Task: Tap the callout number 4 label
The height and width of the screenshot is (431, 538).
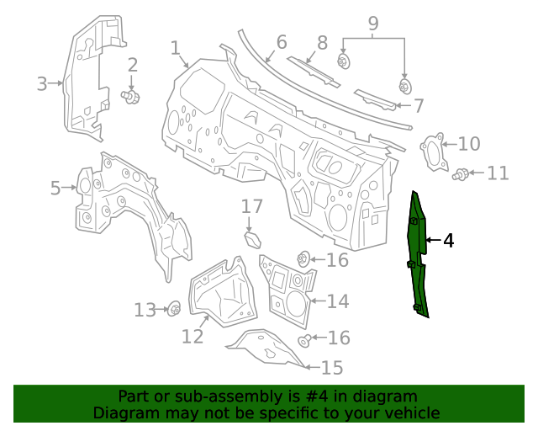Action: pyautogui.click(x=448, y=241)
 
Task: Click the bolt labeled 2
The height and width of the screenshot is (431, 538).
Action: pyautogui.click(x=131, y=97)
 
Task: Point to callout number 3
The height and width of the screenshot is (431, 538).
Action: pyautogui.click(x=42, y=82)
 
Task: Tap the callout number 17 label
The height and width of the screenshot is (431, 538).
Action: pyautogui.click(x=252, y=206)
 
